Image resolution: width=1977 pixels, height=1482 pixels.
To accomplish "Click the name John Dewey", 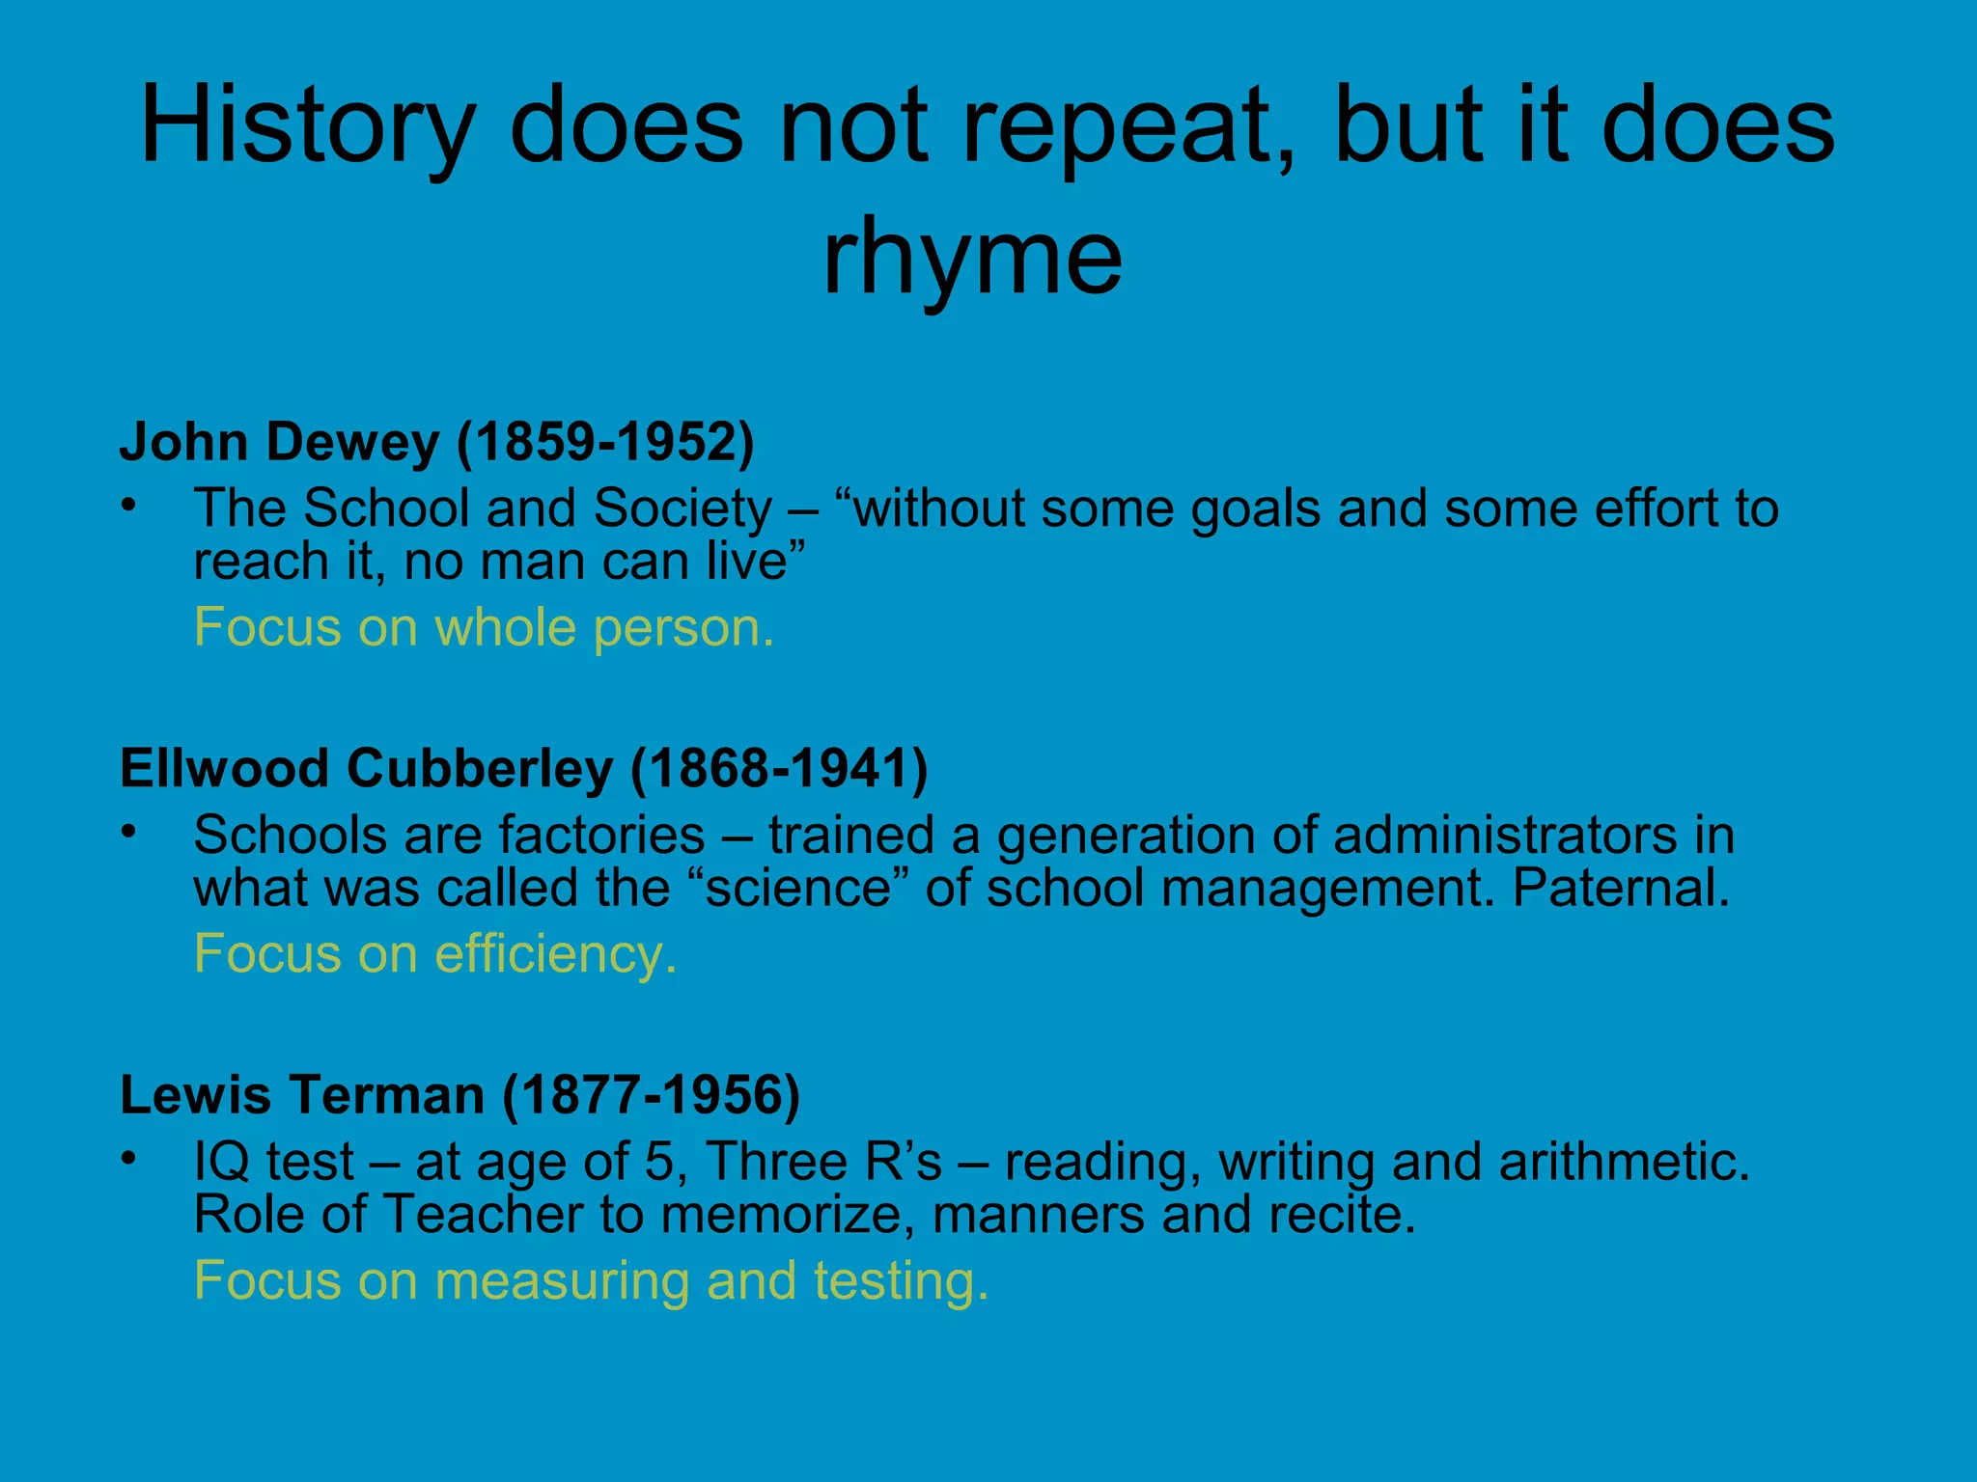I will (279, 442).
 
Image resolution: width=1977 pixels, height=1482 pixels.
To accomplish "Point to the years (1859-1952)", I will (605, 442).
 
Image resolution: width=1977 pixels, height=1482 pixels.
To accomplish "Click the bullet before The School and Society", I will (128, 506).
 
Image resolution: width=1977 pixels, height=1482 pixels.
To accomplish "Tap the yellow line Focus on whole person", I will (484, 627).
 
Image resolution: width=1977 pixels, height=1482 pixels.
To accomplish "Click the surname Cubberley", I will (480, 769).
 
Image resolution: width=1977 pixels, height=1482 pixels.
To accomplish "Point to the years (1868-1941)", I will (779, 769).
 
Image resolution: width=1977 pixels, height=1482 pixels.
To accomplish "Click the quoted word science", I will (797, 888).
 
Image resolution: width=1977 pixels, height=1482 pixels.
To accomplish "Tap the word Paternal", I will (1621, 888).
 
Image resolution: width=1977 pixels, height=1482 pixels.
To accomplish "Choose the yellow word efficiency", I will (555, 954).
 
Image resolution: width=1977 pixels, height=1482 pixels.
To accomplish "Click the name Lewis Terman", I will (302, 1095).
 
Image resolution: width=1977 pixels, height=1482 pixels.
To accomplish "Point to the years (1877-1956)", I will (652, 1095).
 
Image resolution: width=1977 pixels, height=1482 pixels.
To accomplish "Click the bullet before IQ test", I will (128, 1159).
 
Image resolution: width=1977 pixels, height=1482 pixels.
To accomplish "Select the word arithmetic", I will (1624, 1161).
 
